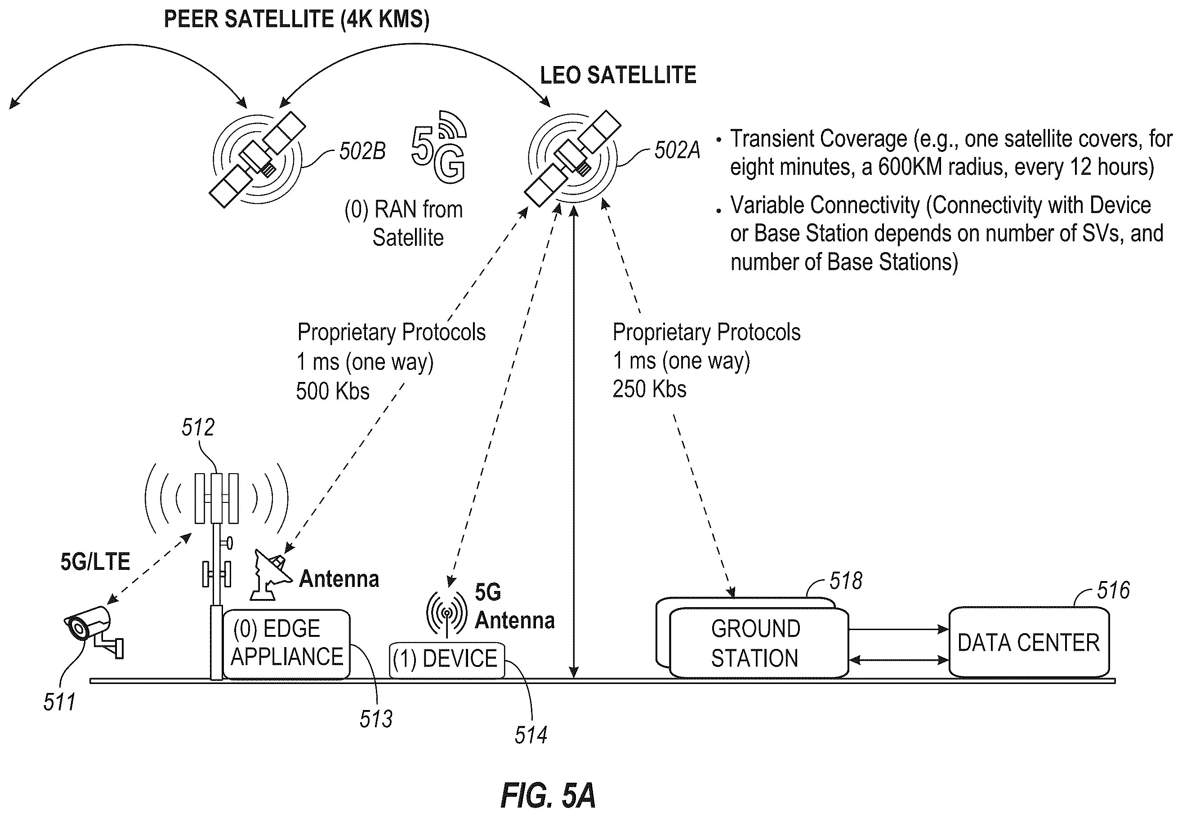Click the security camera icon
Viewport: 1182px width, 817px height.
click(93, 630)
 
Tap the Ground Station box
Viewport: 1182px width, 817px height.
click(758, 643)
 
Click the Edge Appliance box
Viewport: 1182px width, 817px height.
click(287, 644)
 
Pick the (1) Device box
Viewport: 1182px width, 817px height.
click(446, 660)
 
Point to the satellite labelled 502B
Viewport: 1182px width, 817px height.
click(257, 159)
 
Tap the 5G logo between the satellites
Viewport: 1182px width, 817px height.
click(439, 147)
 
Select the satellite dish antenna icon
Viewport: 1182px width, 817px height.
click(270, 574)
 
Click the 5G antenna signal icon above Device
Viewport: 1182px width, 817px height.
click(446, 613)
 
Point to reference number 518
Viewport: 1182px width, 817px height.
click(846, 581)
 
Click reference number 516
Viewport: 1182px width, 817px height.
click(1113, 590)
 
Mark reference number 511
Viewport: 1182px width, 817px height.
click(59, 702)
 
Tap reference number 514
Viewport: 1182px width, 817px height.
click(531, 735)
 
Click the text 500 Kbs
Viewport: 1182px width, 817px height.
click(333, 391)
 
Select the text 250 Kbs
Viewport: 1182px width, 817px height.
click(649, 389)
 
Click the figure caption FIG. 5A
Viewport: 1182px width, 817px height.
click(548, 795)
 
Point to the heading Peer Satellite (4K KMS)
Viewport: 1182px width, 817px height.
click(297, 19)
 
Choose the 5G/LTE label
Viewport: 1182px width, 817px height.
click(95, 562)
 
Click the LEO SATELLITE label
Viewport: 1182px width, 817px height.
click(618, 75)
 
